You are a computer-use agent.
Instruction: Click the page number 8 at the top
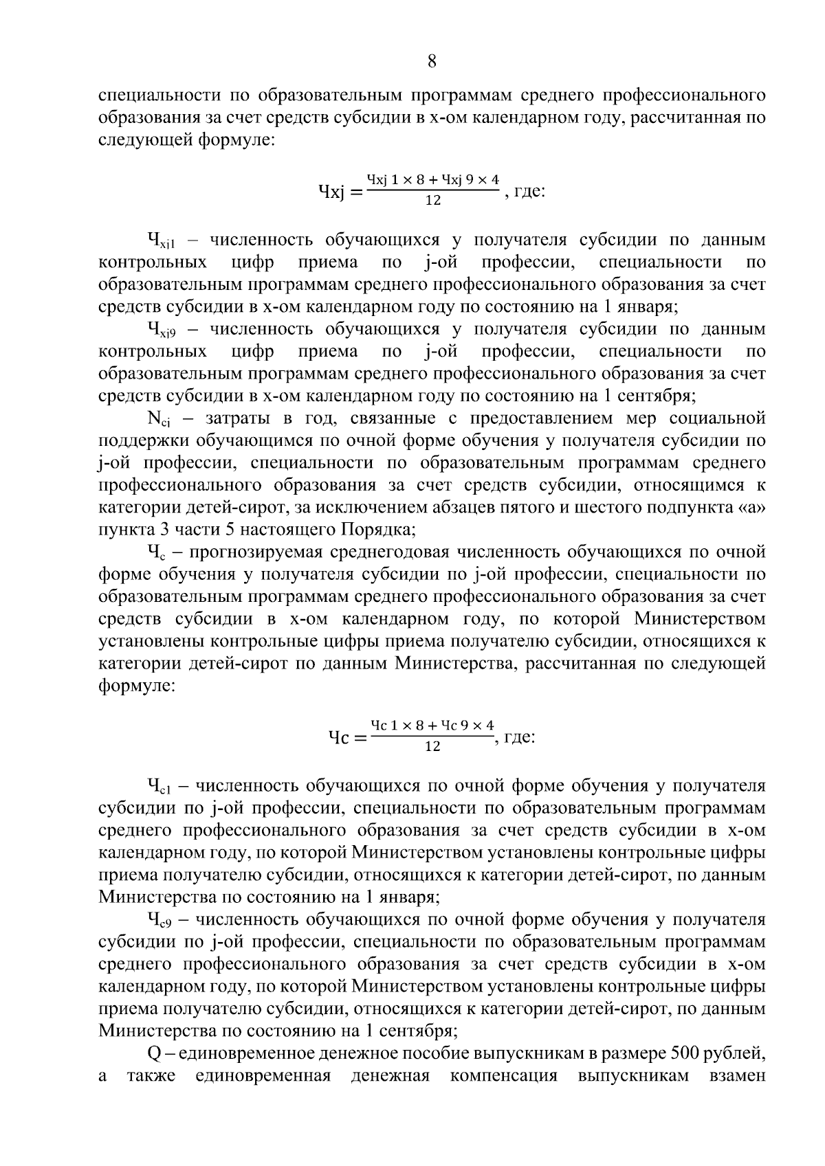click(432, 61)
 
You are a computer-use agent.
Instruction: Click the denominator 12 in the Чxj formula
click(433, 201)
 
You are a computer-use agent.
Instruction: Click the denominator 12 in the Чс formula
click(432, 747)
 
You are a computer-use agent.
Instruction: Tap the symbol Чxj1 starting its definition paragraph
click(162, 241)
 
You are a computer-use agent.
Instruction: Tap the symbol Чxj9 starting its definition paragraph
click(162, 330)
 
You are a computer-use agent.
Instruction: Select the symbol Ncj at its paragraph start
click(159, 419)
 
